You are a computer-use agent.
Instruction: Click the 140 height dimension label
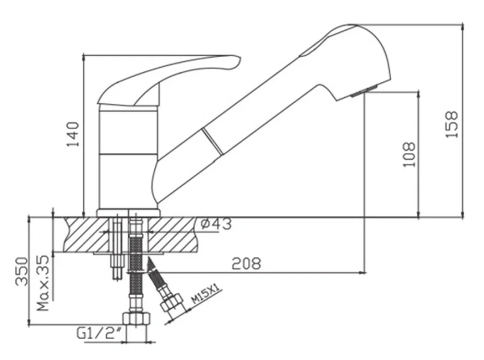click(73, 134)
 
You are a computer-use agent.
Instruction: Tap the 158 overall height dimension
click(452, 124)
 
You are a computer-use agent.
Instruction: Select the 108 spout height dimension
click(410, 155)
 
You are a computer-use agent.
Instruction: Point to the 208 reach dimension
click(246, 263)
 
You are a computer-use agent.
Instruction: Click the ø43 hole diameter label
click(216, 224)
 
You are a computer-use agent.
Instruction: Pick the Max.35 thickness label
click(43, 283)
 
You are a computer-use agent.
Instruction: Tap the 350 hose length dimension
click(22, 271)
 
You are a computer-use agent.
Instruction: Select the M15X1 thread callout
click(205, 294)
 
